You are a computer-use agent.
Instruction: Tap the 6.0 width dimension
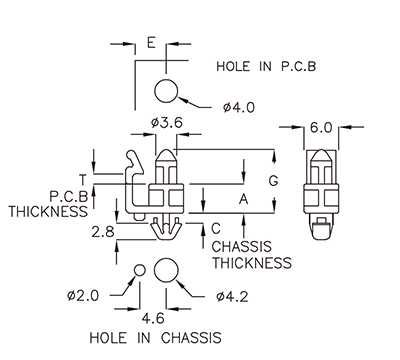coord(321,128)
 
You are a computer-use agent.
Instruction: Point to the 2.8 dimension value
coord(102,232)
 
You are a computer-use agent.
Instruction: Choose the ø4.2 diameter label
coord(232,296)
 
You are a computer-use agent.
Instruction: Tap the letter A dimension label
coord(241,198)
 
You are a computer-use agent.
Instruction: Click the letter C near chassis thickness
coord(216,228)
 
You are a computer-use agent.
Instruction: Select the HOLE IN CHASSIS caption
coord(155,337)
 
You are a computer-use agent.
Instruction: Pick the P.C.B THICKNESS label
coord(49,204)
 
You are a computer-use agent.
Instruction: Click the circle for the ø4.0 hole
coord(167,92)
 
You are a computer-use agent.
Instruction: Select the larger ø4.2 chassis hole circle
coord(167,270)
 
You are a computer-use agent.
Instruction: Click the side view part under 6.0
coord(321,190)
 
